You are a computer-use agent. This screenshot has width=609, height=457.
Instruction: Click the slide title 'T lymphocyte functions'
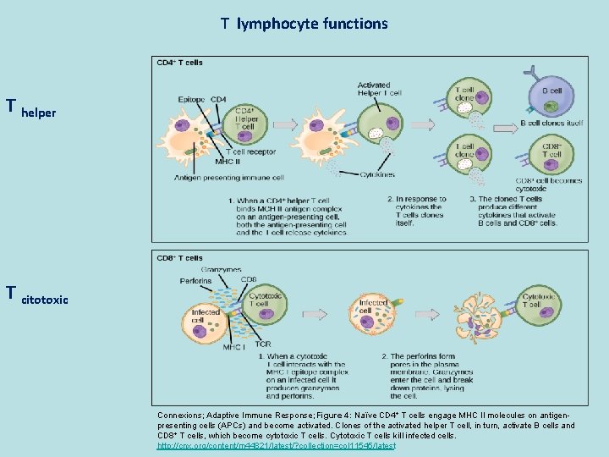coord(304,24)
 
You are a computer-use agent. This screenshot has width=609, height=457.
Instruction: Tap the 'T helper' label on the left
coord(31,108)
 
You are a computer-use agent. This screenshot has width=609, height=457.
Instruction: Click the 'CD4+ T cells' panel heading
coord(179,62)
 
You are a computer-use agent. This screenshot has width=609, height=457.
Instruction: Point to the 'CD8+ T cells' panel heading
coord(179,257)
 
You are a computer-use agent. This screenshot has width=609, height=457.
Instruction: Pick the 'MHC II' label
coord(226,161)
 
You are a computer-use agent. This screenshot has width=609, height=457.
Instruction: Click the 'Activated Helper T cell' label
coord(374,89)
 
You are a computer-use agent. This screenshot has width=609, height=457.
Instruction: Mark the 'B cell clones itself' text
coord(551,124)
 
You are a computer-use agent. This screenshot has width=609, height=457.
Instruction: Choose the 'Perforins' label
coord(196,281)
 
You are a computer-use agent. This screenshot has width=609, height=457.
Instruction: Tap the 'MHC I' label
coord(233,347)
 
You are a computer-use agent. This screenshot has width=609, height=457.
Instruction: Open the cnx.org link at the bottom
coord(276,445)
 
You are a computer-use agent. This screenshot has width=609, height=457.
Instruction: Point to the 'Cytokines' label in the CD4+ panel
coord(376,174)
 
